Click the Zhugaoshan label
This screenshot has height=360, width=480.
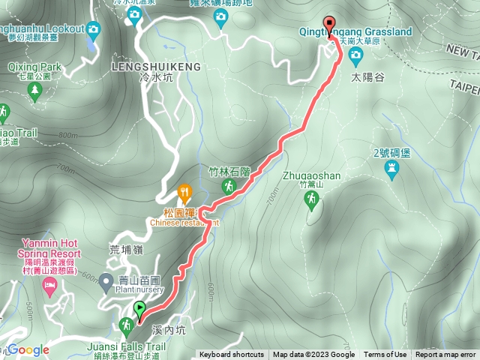pyautogui.click(x=312, y=176)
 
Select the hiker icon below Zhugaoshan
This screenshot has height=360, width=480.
pyautogui.click(x=311, y=199)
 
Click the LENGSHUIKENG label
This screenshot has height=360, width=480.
pyautogui.click(x=155, y=67)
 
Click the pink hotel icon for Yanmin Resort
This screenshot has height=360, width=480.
pyautogui.click(x=49, y=285)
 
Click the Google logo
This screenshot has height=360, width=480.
pyautogui.click(x=28, y=349)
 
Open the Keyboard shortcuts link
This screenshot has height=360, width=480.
pyautogui.click(x=231, y=355)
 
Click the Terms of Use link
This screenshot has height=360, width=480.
pyautogui.click(x=385, y=355)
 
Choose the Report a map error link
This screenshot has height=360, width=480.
pyautogui.click(x=446, y=355)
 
